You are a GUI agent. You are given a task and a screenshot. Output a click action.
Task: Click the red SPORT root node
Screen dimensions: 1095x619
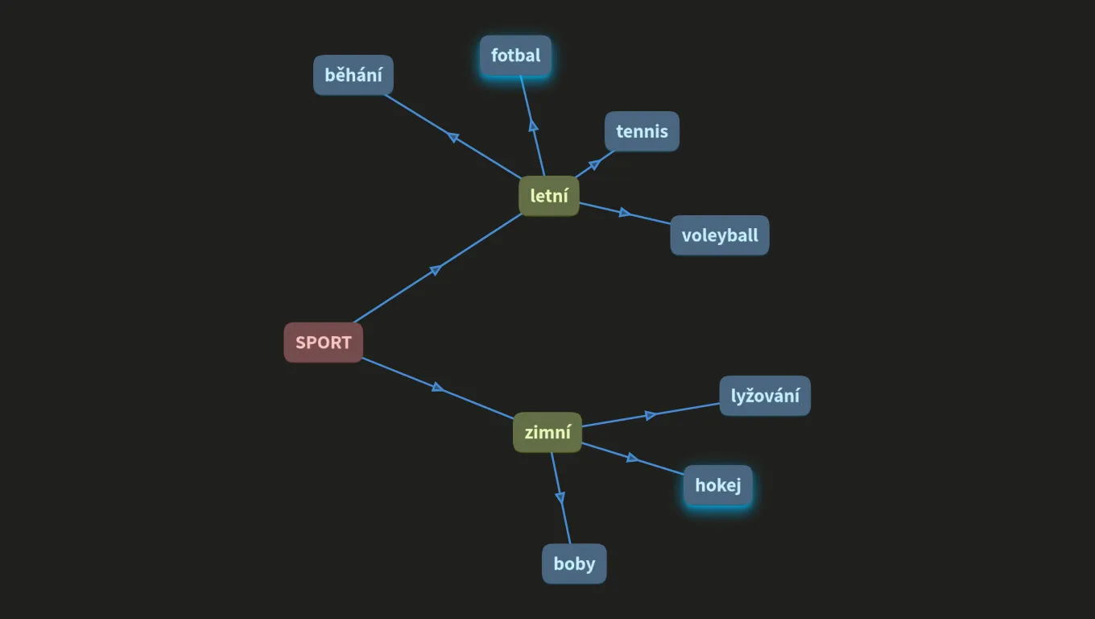[x=323, y=343]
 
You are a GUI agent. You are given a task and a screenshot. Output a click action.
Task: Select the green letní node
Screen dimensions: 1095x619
[x=549, y=196]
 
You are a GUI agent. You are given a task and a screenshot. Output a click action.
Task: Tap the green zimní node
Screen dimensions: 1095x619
[x=547, y=433]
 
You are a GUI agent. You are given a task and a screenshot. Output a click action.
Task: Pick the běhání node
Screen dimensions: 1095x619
[x=353, y=75]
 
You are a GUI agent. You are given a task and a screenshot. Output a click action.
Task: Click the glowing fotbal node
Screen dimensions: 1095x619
[x=516, y=56]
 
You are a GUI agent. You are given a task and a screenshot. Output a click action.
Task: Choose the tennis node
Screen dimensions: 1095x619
[x=642, y=131]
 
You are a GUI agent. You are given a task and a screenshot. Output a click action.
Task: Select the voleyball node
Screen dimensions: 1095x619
[x=720, y=235]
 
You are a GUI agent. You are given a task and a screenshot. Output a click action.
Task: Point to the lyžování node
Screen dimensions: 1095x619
[x=765, y=396]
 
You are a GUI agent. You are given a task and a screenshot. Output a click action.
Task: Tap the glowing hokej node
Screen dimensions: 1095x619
[x=718, y=485]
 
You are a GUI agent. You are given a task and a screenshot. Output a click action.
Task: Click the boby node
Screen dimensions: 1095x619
[x=574, y=563]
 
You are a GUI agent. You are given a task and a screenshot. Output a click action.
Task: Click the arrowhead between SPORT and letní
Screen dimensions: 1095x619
[x=436, y=270]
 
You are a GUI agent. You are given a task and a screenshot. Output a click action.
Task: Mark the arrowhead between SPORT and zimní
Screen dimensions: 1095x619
[x=438, y=388]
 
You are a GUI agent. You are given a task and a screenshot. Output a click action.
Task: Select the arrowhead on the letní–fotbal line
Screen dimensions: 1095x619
[x=533, y=126]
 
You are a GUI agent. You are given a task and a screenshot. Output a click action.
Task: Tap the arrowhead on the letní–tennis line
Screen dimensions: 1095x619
[x=594, y=164]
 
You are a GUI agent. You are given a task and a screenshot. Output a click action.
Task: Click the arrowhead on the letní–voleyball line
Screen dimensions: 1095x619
[x=625, y=212]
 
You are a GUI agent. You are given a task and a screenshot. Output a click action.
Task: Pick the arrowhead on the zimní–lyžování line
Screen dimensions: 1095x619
[x=651, y=415]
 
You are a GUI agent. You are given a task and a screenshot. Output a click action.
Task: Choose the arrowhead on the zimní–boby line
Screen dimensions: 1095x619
[x=560, y=497]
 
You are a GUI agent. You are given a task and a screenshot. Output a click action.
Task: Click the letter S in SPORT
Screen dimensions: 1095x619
[x=300, y=343]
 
